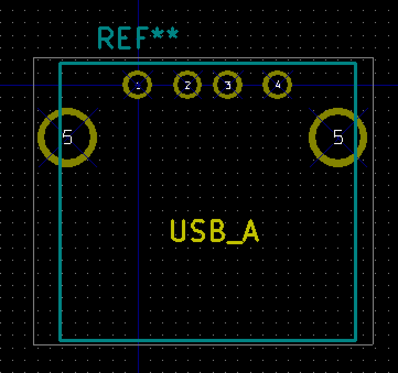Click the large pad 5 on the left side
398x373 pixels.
coord(41,138)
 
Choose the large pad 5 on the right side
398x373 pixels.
coord(313,138)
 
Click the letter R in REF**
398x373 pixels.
coord(105,38)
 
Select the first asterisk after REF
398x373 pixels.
coord(157,34)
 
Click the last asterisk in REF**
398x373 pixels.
coord(173,34)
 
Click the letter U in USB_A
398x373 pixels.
coord(177,231)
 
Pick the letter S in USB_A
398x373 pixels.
coord(198,231)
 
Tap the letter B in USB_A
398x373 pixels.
coord(218,231)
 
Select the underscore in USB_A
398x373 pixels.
coord(234,243)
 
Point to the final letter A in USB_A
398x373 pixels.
coord(250,231)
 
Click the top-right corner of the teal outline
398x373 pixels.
coord(356,63)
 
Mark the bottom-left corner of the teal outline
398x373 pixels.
coord(61,341)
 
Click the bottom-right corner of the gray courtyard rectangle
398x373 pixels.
coord(373,344)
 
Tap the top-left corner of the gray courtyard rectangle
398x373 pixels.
coord(34,58)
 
